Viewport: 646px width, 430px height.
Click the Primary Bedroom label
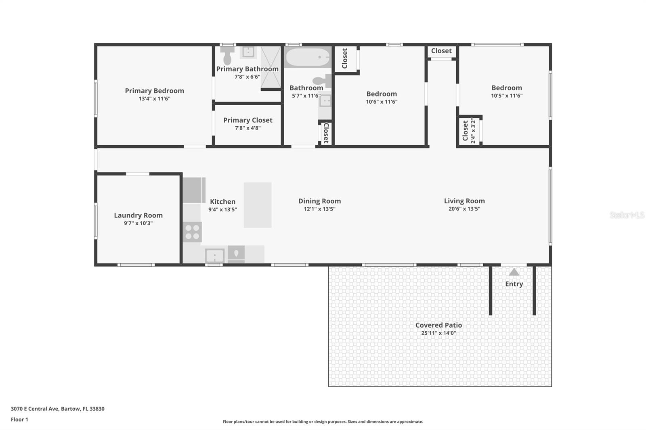coord(154,91)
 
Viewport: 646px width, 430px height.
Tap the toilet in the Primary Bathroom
coord(227,55)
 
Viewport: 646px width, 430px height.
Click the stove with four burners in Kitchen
coord(192,232)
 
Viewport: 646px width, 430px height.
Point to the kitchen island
coord(258,205)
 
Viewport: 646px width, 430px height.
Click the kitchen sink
coord(214,256)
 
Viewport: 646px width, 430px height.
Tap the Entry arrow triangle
coord(514,272)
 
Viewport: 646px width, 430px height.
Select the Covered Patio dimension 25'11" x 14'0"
coord(438,333)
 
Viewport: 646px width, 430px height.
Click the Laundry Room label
coord(138,215)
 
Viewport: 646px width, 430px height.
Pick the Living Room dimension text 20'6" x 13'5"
coord(464,209)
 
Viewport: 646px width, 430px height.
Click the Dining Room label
coord(319,201)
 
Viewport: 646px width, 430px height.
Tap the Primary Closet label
coord(247,120)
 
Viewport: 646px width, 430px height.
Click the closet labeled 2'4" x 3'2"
coord(470,130)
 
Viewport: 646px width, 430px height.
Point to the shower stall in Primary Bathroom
coord(271,67)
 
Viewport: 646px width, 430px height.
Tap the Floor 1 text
coord(19,420)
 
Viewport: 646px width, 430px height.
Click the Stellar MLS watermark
coord(627,215)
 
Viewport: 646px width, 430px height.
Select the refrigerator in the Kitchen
coord(194,190)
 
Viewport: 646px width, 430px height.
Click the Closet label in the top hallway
coord(441,51)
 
